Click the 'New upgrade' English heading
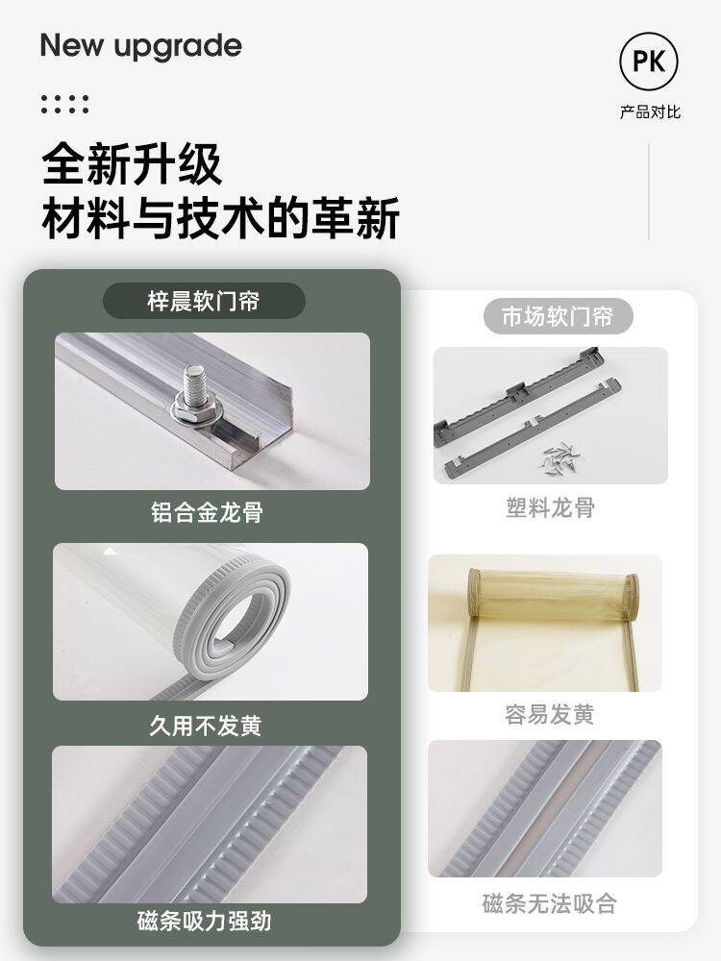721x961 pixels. [141, 46]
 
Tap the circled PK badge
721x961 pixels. [649, 62]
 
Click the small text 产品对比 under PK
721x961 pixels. [650, 112]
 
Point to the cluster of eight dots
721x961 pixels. [64, 104]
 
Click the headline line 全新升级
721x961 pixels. [132, 164]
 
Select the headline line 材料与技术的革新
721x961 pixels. [221, 217]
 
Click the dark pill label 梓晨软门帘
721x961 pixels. [204, 301]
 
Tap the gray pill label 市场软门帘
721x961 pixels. [558, 316]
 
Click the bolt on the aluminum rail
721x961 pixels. [195, 392]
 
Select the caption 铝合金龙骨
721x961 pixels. [208, 512]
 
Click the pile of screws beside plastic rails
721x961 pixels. [560, 456]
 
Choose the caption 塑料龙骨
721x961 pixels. [550, 508]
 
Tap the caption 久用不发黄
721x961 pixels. [206, 726]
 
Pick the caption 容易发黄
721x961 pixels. [549, 715]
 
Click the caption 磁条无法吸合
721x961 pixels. [549, 903]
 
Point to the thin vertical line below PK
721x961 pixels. [649, 192]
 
